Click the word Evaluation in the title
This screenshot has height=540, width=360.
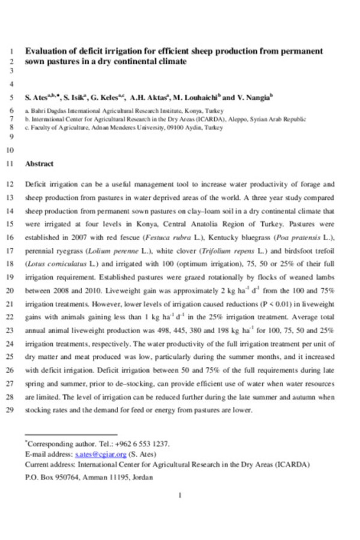46,51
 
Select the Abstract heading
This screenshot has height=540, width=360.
39,163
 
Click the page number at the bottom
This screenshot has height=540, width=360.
180,495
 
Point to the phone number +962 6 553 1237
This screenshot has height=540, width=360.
143,445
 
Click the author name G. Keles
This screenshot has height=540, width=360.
109,97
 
